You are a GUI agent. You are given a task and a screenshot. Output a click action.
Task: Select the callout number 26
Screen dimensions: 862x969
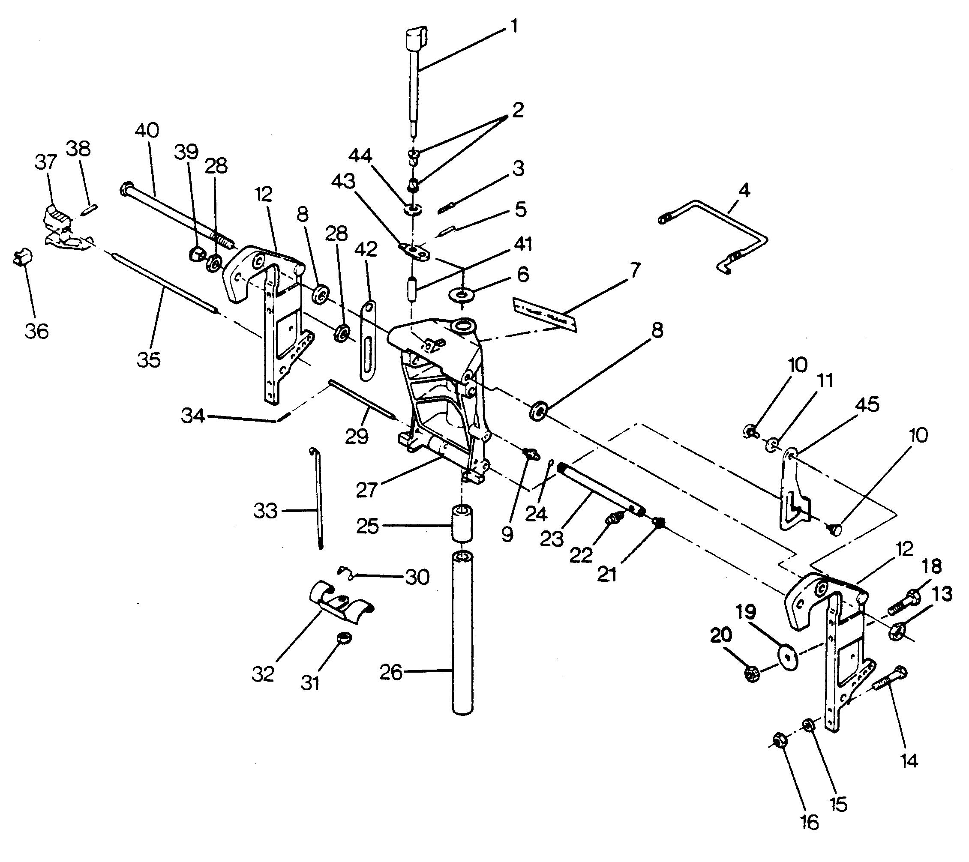click(x=390, y=673)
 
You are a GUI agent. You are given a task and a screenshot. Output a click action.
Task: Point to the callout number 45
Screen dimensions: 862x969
click(x=867, y=405)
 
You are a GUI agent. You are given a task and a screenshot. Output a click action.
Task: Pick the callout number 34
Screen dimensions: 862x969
click(x=193, y=416)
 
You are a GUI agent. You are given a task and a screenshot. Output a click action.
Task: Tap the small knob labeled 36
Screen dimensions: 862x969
click(x=21, y=259)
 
